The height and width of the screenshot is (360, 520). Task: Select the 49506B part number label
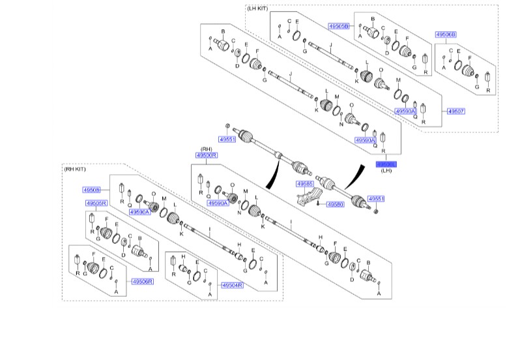446,34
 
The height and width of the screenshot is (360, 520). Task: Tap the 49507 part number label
455,112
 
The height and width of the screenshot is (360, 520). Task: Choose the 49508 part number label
91,190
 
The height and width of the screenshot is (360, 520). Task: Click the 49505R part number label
96,203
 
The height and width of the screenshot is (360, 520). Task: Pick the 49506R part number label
141,281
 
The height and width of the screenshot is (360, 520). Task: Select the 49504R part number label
231,285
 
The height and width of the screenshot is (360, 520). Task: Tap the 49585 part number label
306,184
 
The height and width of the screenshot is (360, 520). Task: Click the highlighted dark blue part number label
386,164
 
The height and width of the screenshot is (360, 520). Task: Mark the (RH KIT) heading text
76,169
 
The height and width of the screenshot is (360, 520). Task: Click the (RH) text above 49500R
207,148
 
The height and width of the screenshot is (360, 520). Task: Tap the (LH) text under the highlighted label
386,171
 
